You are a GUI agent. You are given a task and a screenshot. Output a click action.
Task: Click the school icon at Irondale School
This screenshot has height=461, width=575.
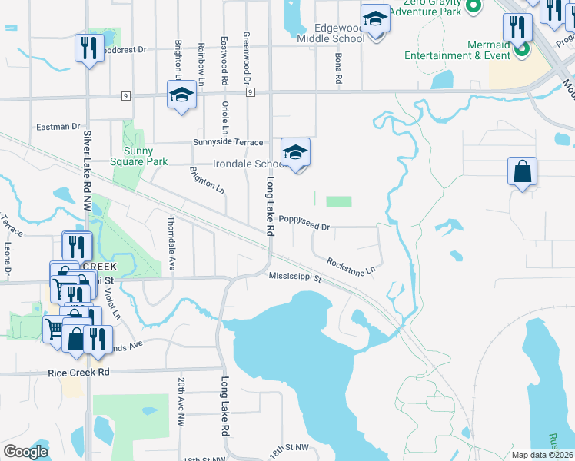pos(295,152)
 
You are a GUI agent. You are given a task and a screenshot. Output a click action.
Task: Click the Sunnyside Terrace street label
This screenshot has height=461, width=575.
pos(229,143)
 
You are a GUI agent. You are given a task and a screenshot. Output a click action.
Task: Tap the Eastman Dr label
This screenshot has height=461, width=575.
pos(58,126)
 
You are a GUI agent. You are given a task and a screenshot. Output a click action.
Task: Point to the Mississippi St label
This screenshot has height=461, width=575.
pos(294,277)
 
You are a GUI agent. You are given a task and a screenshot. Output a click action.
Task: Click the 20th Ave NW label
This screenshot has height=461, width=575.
pos(181,402)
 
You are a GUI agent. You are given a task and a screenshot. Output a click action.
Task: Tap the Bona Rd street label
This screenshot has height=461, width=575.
pos(337,68)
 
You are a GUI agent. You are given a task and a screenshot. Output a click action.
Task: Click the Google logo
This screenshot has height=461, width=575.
pos(25,452)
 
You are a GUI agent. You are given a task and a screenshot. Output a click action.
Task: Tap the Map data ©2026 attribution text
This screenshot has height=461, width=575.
pos(542,455)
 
